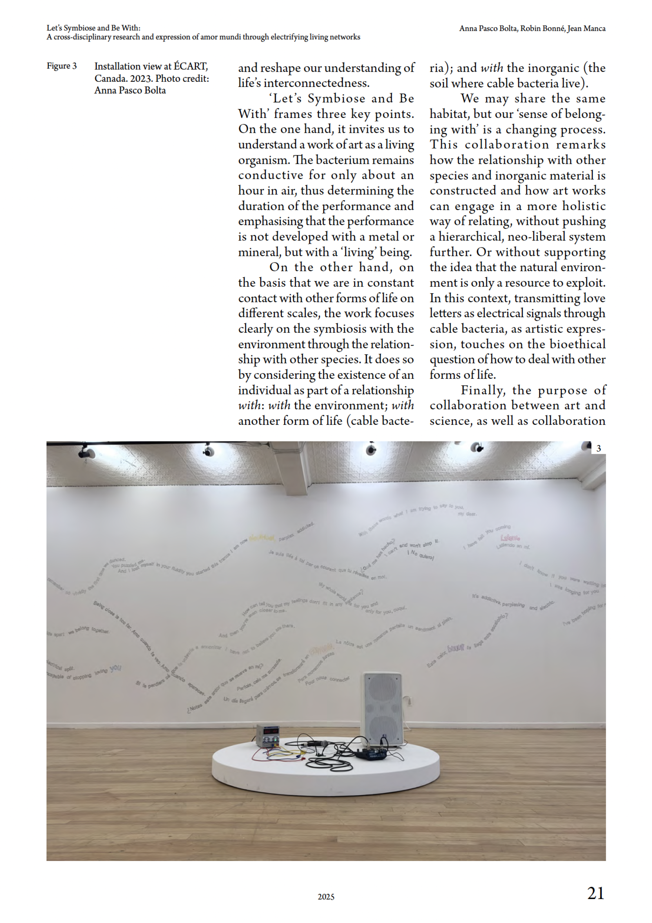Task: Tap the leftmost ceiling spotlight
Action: [87, 453]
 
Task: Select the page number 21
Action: [595, 893]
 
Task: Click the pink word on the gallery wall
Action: [510, 538]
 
